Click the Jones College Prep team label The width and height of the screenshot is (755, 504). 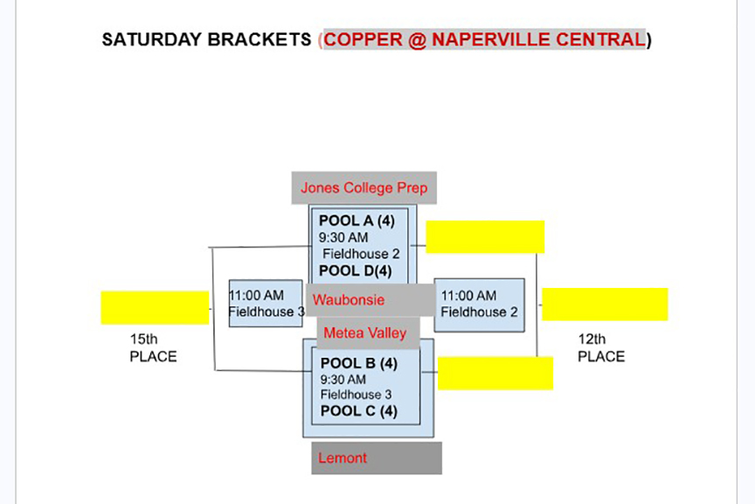pos(364,187)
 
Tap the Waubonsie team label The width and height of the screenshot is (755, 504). pos(349,300)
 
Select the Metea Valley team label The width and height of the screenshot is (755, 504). pos(365,332)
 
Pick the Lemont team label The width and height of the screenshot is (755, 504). pos(343,458)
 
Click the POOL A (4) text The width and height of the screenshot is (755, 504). pos(357,220)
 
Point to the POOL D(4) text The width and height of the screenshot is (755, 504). pos(356,270)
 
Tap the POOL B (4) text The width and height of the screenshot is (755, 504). pos(359,362)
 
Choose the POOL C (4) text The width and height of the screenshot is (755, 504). pos(359,411)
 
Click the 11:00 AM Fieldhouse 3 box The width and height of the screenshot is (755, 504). pos(266,304)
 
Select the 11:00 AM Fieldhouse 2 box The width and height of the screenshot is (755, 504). pos(479,304)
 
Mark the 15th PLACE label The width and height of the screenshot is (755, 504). pos(153,347)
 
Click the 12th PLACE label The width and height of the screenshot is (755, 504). pos(601,347)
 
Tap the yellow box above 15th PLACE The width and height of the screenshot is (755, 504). pos(155,308)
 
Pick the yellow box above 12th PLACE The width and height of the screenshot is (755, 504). pos(605,304)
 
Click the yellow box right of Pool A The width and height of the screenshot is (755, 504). pos(485,237)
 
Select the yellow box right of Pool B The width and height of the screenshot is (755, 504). pos(495,374)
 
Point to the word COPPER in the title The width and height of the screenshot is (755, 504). pos(363,39)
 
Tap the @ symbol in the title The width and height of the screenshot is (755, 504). pos(417,40)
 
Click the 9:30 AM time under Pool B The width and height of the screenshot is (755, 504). pos(343,380)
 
